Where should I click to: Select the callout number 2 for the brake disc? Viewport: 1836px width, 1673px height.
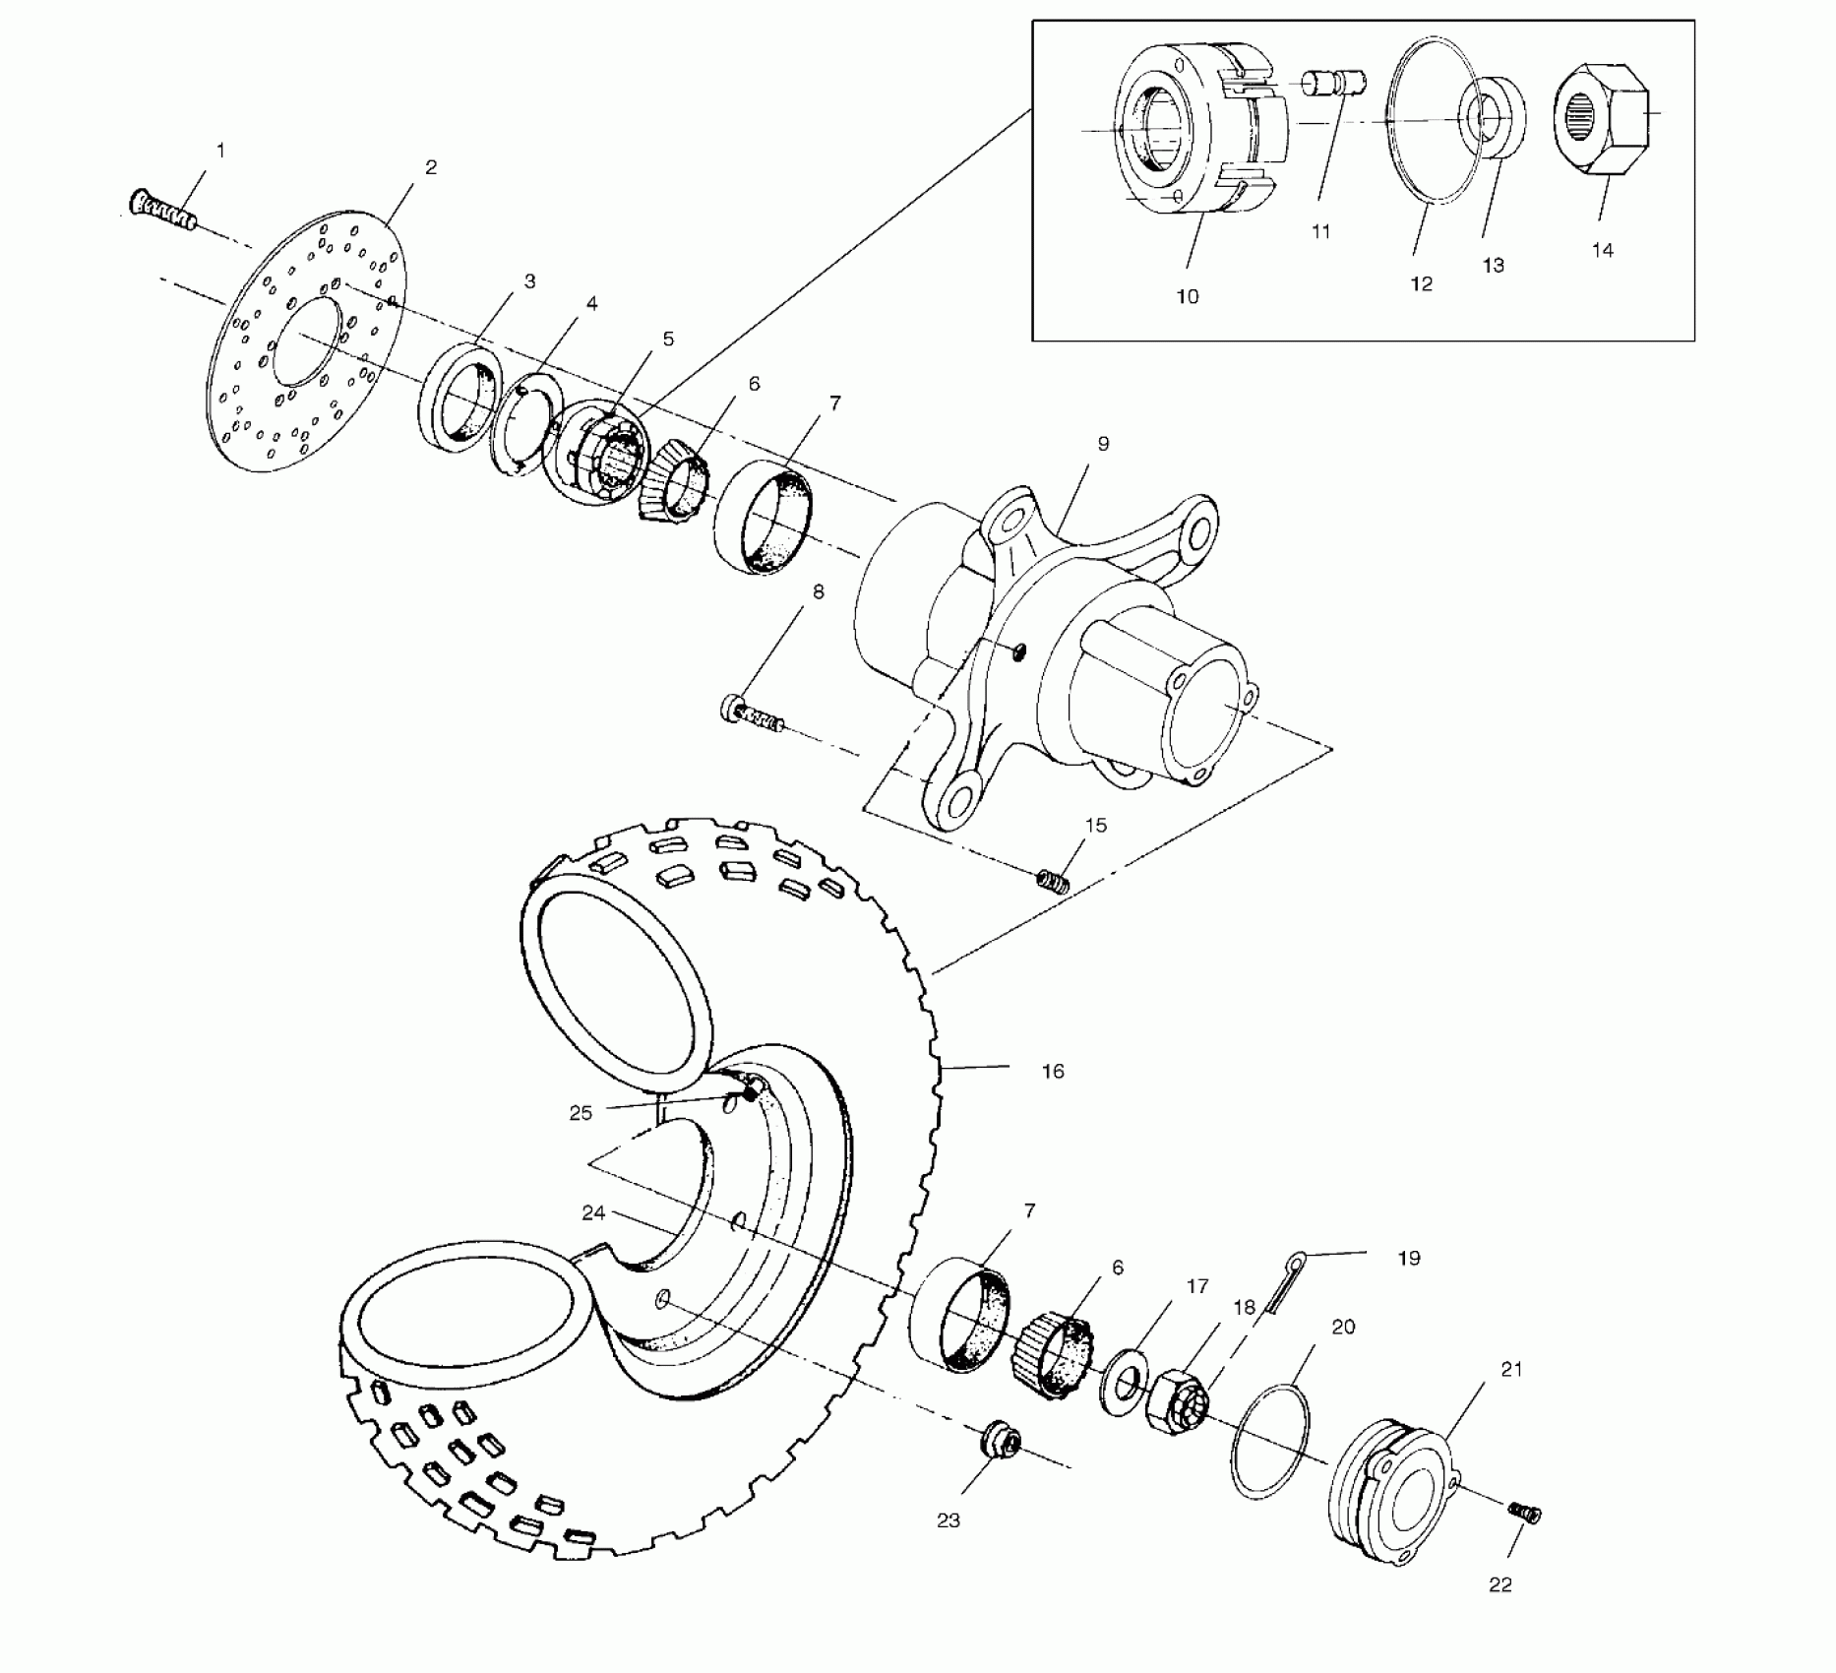pyautogui.click(x=431, y=167)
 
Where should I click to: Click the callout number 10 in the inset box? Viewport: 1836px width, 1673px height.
pyautogui.click(x=1188, y=296)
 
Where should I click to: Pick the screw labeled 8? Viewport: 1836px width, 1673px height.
pyautogui.click(x=753, y=713)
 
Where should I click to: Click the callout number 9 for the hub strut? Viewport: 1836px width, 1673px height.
pyautogui.click(x=1103, y=444)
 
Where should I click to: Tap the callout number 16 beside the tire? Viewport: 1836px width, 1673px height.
pyautogui.click(x=1053, y=1071)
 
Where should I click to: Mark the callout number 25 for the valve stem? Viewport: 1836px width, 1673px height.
pyautogui.click(x=581, y=1113)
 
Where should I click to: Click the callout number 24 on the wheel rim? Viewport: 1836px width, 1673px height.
pyautogui.click(x=592, y=1213)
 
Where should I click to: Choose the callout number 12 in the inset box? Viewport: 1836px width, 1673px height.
pyautogui.click(x=1421, y=283)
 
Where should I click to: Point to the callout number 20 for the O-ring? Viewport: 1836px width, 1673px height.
pyautogui.click(x=1343, y=1327)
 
